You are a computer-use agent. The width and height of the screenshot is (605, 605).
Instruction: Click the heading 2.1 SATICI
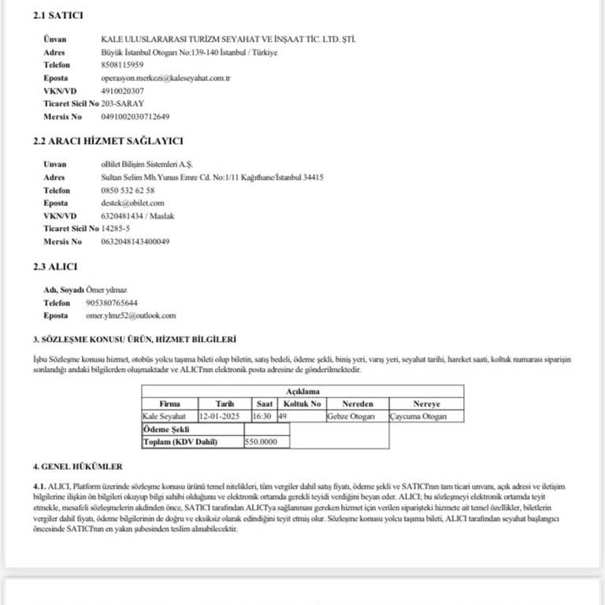coord(58,16)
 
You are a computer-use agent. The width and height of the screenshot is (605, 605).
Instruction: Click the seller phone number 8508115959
coord(122,65)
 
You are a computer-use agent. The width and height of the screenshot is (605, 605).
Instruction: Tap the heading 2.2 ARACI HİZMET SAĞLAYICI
coord(108,141)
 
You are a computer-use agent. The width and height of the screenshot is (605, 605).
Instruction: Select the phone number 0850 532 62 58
coord(128,190)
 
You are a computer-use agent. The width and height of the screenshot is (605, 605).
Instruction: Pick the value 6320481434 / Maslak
coord(138,215)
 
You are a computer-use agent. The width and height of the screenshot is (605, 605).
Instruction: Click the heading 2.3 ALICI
coord(55,267)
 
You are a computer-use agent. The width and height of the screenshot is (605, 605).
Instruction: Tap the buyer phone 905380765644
coord(112,302)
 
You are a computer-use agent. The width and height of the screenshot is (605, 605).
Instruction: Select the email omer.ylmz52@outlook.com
coord(131,315)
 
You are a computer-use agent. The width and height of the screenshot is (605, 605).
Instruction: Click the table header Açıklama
coord(302,391)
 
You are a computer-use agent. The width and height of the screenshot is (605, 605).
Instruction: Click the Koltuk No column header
coord(302,403)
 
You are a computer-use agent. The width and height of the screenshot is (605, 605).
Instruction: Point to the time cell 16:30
coord(263,416)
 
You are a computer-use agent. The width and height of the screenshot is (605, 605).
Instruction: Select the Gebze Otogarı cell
coord(351,416)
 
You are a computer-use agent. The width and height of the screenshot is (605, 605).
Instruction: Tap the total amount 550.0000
coord(262,442)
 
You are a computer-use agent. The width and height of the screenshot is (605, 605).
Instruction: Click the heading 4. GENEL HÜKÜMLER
coord(77,466)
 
